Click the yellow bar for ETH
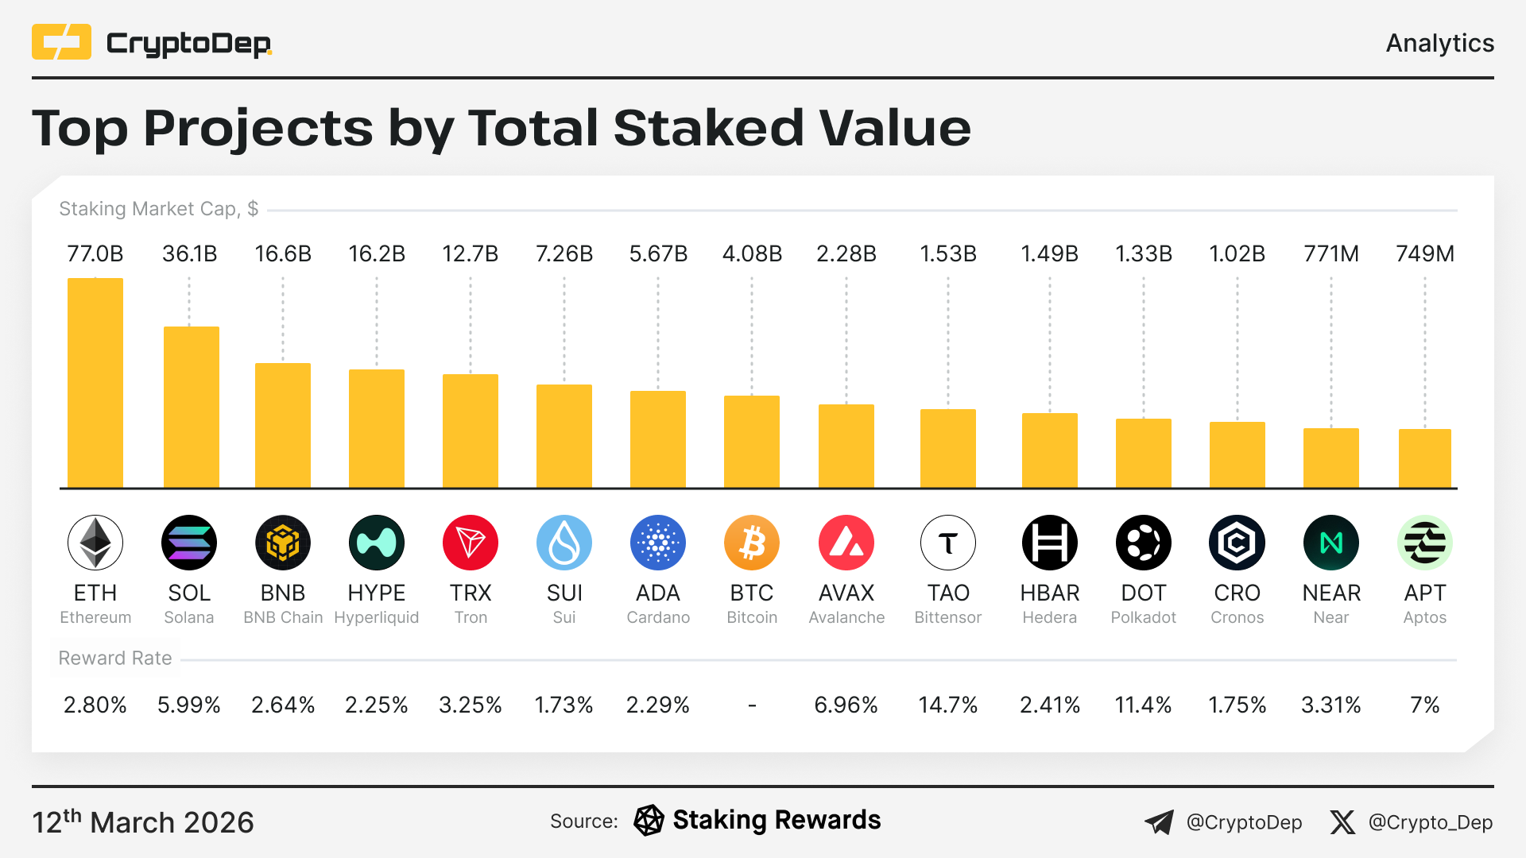coord(95,383)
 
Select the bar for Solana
coord(191,407)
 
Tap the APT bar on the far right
coord(1424,458)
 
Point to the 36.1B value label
coord(189,254)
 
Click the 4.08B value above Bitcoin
coord(752,254)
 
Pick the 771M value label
coord(1330,254)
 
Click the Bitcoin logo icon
coord(752,543)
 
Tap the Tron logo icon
coord(471,543)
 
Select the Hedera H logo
coord(1049,543)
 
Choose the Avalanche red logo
coord(846,543)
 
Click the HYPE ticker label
coord(377,593)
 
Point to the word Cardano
coord(658,618)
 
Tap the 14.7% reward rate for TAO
coord(947,705)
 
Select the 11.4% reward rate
coord(1143,705)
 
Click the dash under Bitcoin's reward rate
coord(752,705)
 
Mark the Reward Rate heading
coord(115,659)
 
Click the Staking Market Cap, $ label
coord(158,209)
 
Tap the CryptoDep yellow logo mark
coord(61,42)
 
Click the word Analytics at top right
coord(1439,43)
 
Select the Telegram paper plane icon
coord(1159,822)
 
